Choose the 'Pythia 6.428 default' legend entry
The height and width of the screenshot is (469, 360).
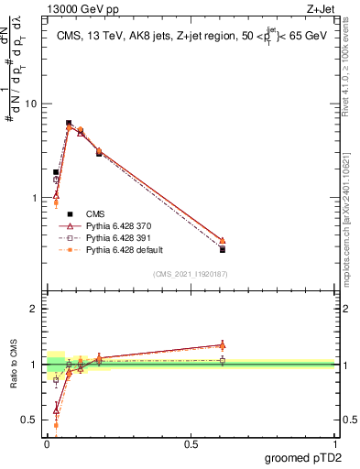click(126, 249)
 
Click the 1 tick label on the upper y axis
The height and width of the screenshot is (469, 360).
click(33, 198)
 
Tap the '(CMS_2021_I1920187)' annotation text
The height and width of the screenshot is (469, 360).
click(190, 274)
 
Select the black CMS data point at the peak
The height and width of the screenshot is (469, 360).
click(69, 123)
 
